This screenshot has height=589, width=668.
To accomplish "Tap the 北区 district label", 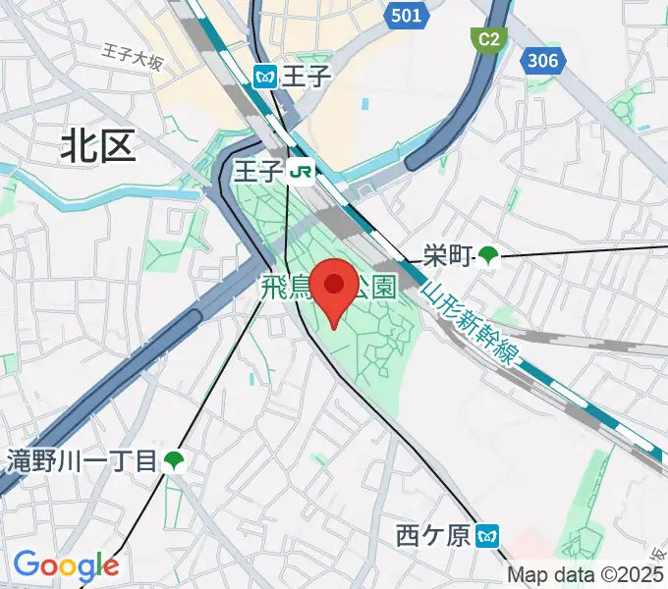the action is [x=97, y=147].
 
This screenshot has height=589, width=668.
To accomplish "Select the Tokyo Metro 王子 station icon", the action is [x=264, y=76].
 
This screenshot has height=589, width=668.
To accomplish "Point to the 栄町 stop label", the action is [x=447, y=257].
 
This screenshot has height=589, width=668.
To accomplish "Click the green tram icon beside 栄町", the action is [x=487, y=257].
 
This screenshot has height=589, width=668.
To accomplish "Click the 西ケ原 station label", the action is [x=433, y=536].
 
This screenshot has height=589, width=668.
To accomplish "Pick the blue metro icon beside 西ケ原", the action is [x=487, y=536].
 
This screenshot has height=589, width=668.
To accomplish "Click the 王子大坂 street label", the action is [x=133, y=58].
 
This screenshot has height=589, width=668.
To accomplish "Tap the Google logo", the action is [x=66, y=565].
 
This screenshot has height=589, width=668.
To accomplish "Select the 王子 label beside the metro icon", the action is [x=294, y=76].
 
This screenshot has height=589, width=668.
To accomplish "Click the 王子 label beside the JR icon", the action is [x=258, y=173].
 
